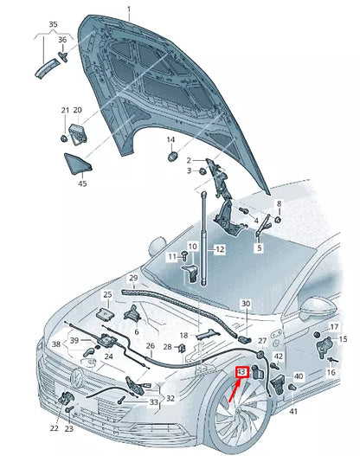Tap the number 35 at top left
[29, 24]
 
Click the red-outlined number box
[242, 372]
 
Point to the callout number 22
[55, 427]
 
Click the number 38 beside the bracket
[56, 344]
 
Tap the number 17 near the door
[332, 327]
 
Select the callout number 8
[280, 203]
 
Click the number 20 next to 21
[77, 110]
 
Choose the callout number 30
[246, 304]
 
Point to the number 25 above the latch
[106, 295]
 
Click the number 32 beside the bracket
[170, 398]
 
